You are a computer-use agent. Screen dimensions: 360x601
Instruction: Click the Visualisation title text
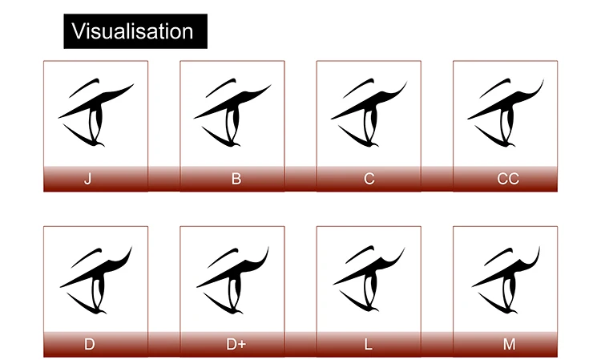click(133, 31)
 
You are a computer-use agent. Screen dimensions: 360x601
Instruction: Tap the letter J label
click(88, 179)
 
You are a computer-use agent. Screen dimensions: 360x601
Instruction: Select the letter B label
click(236, 179)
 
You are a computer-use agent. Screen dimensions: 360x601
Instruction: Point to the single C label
click(369, 179)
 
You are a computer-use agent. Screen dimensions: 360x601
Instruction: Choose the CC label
click(507, 179)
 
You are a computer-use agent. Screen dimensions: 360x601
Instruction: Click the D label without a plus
click(89, 345)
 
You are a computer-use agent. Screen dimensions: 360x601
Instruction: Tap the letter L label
click(369, 345)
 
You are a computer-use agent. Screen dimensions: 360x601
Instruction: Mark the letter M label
click(509, 345)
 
